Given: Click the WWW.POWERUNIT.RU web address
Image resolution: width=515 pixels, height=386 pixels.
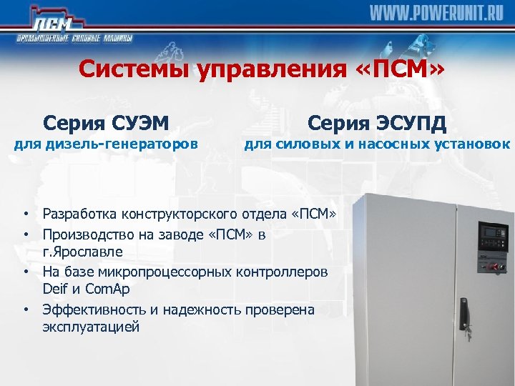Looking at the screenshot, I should (436, 14).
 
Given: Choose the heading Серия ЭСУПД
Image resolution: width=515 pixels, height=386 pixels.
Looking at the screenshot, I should (377, 123).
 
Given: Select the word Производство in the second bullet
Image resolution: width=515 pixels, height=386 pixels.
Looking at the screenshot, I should (89, 234).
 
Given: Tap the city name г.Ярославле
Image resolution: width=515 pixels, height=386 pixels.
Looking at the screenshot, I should (82, 252).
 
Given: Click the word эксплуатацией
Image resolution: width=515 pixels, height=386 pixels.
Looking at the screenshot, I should (91, 327).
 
